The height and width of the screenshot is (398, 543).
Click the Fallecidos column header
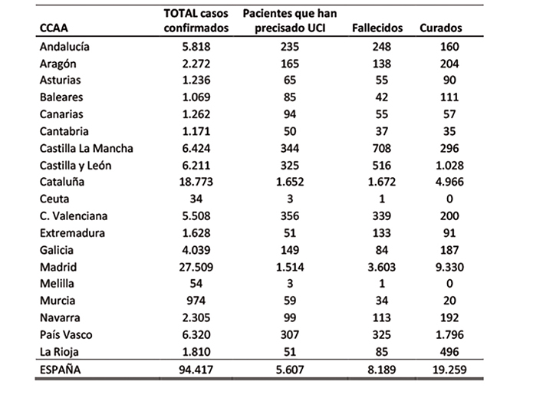[x=377, y=28]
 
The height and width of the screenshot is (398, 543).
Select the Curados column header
[x=441, y=28]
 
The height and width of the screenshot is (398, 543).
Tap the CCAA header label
[x=54, y=28]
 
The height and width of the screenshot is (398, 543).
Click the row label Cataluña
[x=62, y=182]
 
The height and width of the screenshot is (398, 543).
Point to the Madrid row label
[x=58, y=267]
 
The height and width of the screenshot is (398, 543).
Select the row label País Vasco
[x=66, y=335]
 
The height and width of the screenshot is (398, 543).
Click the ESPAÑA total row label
[x=61, y=370]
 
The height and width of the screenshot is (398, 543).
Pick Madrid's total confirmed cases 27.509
[x=196, y=267]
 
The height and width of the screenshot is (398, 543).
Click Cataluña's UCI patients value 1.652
[x=290, y=182]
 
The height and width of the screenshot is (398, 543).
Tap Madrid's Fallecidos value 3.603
[x=382, y=267]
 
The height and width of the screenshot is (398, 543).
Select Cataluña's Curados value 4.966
[x=449, y=182]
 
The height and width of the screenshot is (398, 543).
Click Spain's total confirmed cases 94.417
[x=196, y=370]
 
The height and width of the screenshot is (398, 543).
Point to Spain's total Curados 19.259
[x=449, y=370]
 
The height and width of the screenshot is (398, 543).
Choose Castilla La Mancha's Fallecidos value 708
[x=382, y=148]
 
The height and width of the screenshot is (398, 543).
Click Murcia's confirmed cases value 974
[x=196, y=301]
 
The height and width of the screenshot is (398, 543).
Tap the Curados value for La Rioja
[x=449, y=352]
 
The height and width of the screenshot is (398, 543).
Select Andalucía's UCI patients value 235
[x=290, y=47]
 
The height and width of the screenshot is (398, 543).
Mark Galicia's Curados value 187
[x=449, y=250]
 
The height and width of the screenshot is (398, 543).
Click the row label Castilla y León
[x=75, y=166]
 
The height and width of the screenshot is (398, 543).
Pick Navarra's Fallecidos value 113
[x=382, y=317]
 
